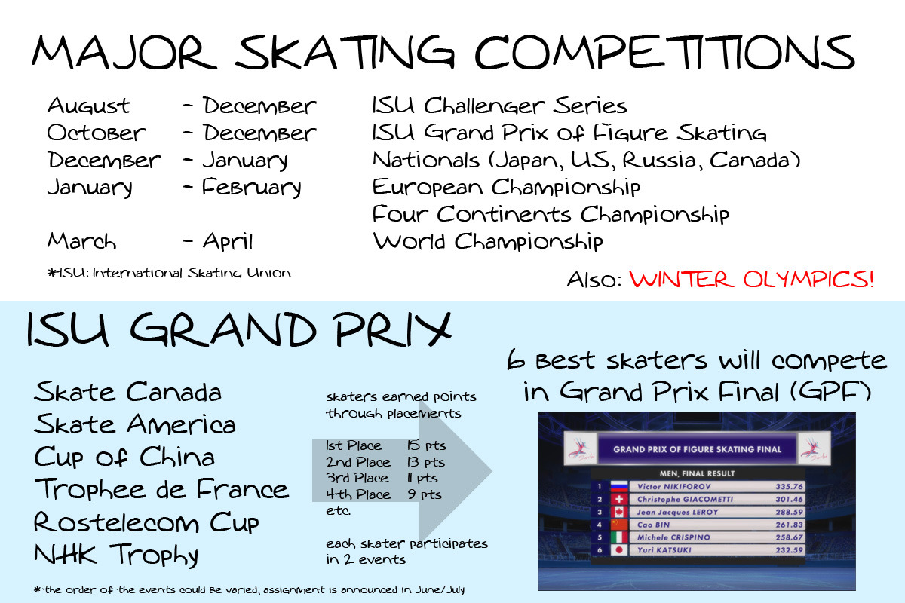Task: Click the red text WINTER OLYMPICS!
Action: coord(751,279)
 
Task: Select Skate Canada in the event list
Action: coord(127,392)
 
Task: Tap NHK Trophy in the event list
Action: coord(116,556)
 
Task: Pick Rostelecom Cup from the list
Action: coord(146,522)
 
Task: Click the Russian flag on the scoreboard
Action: coord(619,486)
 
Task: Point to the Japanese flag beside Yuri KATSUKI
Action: coord(619,550)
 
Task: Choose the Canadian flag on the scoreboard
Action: coord(619,512)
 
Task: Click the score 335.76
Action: coord(789,486)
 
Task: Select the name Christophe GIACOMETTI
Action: coord(685,499)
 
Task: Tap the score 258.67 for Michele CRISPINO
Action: coord(789,537)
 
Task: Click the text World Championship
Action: coord(488,241)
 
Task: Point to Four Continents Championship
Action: coord(551,214)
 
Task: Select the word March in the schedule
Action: coord(81,241)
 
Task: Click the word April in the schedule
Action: coord(228,242)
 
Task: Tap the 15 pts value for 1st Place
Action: coord(426,445)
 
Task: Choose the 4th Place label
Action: coord(358,494)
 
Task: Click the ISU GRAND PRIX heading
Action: coord(239,329)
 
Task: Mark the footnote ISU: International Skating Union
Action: coord(169,273)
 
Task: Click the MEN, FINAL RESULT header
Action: coord(697,473)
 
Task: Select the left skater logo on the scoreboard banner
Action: coord(580,448)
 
